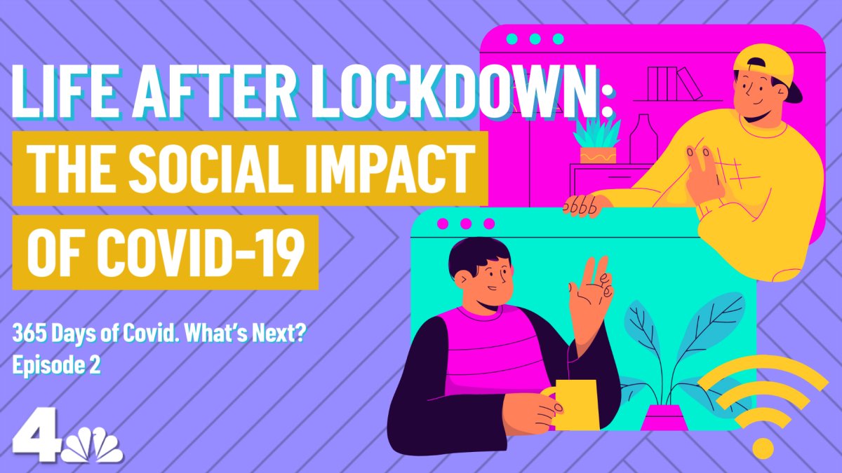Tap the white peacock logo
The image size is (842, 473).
(93, 446)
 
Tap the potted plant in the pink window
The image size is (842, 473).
(596, 141)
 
